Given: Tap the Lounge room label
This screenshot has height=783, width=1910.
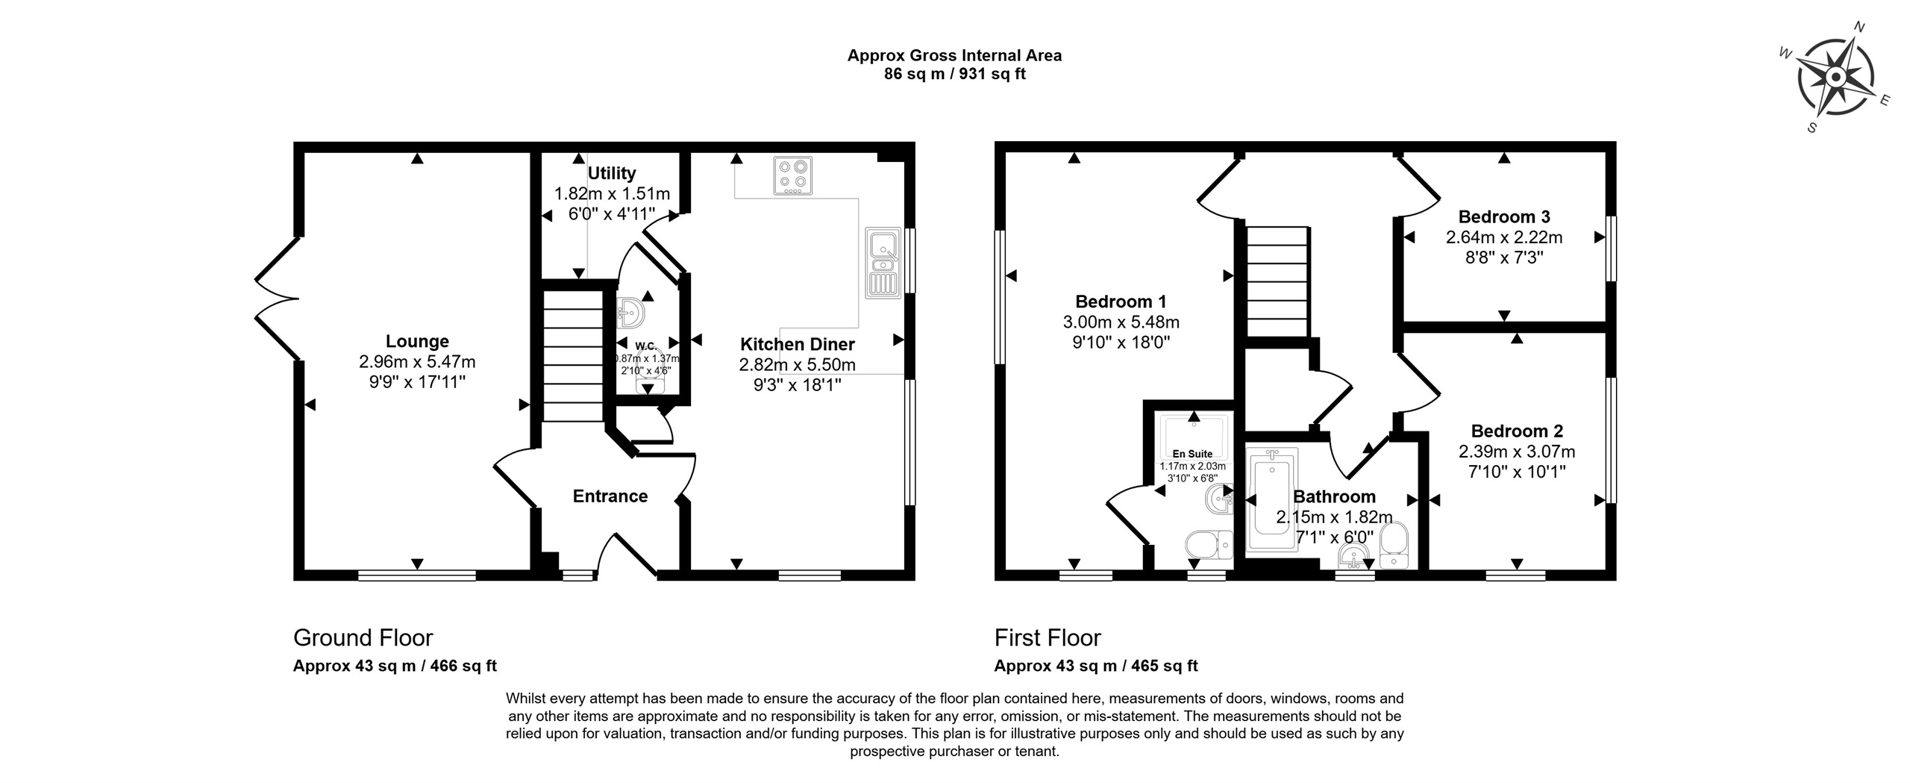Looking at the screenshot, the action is coord(417,341).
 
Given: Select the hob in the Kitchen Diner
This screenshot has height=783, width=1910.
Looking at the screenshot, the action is coord(792,176).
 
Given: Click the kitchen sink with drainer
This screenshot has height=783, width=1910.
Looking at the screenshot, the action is coord(882,262).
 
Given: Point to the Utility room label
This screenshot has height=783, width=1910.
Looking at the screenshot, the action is coord(612,173).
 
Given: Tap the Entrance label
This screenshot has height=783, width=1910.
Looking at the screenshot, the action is coord(610,496).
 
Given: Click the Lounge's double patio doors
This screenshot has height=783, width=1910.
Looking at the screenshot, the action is coord(277,299).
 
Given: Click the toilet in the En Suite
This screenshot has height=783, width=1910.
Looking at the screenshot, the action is coord(1209,545).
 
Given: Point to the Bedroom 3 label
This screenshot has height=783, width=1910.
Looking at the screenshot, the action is coord(1504,217).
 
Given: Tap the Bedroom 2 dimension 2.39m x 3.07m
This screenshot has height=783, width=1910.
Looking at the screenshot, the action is coord(1517,452).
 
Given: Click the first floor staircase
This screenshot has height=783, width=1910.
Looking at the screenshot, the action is coord(1278,281).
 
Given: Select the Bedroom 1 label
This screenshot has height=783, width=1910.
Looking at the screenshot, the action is coord(1121,302).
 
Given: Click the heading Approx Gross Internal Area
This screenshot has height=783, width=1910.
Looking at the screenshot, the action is coord(954,55).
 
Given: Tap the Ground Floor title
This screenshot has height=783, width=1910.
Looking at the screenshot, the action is coord(363,637).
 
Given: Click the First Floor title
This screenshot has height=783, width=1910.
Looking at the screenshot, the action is coord(1048,637).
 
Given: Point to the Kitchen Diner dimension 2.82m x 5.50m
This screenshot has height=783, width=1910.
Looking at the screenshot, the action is coord(797,365).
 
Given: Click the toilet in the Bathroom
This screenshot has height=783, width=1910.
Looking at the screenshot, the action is coord(1393,546).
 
